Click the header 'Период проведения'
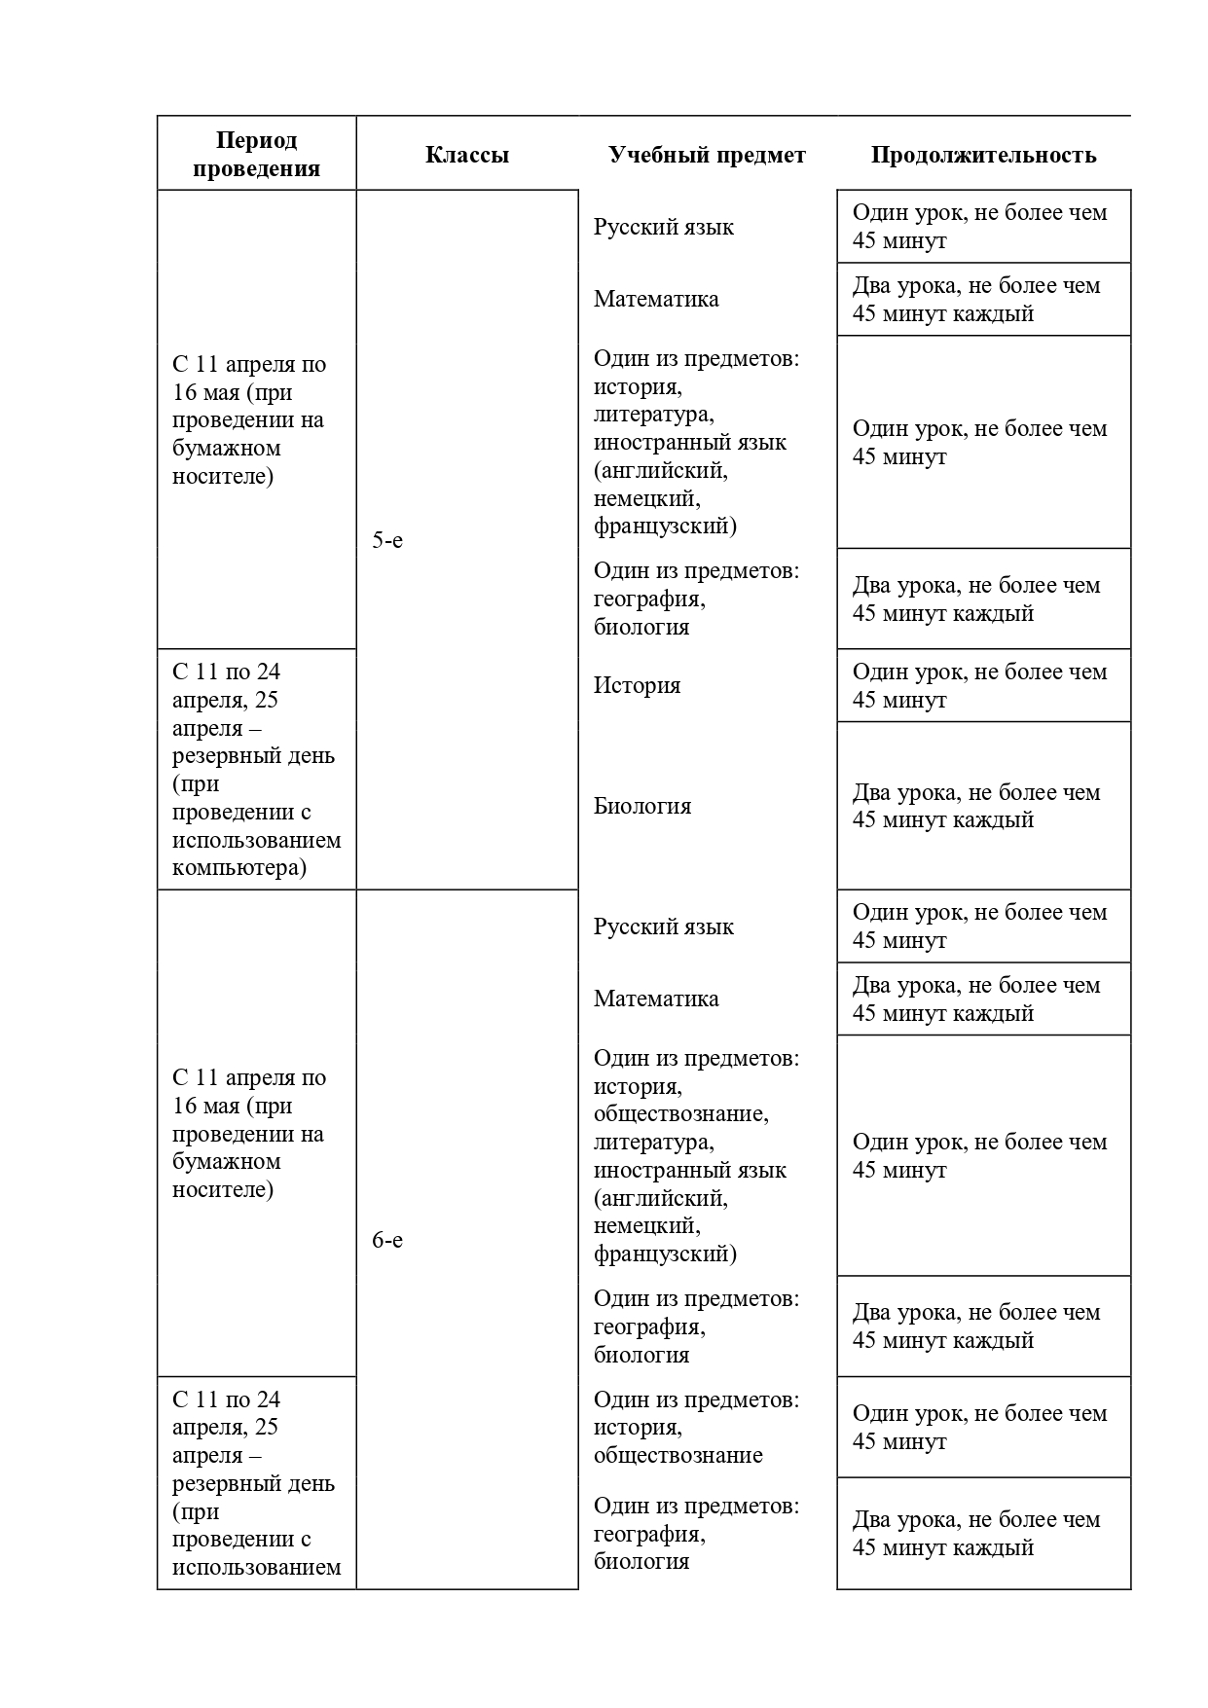click(x=256, y=155)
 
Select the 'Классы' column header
click(x=467, y=155)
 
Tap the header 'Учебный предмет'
click(x=707, y=155)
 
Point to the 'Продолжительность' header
click(x=983, y=155)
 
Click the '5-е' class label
click(x=387, y=541)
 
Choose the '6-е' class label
click(x=387, y=1241)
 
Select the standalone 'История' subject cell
click(x=638, y=685)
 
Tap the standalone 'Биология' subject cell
click(x=642, y=806)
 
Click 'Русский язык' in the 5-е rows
click(x=664, y=227)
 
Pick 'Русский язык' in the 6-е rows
click(x=664, y=927)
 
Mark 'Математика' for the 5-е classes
click(x=656, y=299)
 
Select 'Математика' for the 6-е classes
click(x=656, y=999)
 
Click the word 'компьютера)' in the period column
click(x=239, y=867)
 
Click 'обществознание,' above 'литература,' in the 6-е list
click(x=681, y=1113)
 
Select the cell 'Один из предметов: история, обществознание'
click(x=696, y=1428)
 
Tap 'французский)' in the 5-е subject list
click(x=665, y=527)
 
